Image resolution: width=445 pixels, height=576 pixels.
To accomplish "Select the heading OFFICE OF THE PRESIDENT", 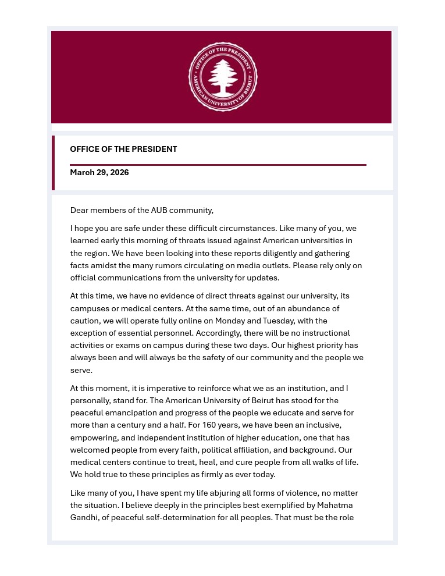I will [x=123, y=149].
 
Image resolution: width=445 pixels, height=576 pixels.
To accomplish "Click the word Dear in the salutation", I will [x=80, y=210].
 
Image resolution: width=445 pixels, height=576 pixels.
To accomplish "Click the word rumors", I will [x=213, y=265].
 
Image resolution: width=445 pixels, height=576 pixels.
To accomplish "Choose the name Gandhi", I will [x=85, y=517].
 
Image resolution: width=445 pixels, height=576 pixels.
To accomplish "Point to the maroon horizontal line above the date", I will [x=218, y=165].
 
